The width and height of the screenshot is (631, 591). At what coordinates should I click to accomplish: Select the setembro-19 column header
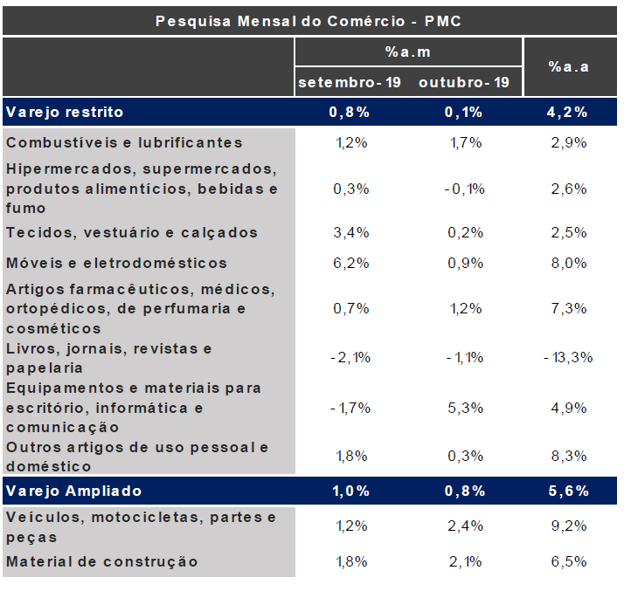point(350,83)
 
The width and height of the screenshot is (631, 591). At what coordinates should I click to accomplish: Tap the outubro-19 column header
point(464,83)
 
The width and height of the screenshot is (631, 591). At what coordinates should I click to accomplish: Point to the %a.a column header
point(568,66)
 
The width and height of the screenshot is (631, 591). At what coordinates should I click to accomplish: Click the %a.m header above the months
point(408,52)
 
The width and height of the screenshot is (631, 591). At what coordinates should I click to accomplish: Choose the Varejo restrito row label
point(65,112)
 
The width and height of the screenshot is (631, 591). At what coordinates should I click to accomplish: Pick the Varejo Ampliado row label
point(73,491)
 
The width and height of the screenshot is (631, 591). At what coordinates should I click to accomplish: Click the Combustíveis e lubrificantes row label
point(124,142)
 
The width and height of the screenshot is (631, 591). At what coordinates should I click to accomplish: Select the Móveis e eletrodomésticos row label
point(116,263)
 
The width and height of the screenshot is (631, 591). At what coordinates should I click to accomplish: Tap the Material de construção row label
point(102,561)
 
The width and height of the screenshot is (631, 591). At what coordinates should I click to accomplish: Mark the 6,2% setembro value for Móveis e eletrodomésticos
point(351,263)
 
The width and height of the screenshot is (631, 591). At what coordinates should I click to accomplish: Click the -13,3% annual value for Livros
point(567,357)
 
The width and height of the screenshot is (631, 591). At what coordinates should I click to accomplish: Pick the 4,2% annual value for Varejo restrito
point(568,112)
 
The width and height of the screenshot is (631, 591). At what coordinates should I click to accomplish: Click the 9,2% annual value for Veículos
point(568,526)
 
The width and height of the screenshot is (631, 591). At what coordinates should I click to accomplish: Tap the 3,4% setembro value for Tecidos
point(351,232)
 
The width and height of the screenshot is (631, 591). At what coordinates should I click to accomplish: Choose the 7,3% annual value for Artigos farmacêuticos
point(568,308)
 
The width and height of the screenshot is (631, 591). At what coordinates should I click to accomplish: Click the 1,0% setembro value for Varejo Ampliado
point(350,491)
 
